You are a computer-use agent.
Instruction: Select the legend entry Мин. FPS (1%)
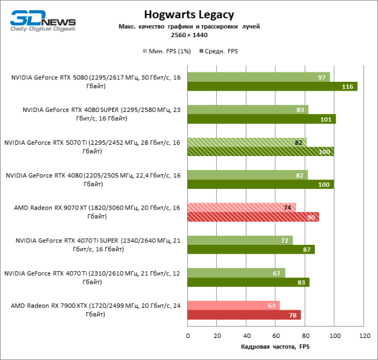pos(168,50)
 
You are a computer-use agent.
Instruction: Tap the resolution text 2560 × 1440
pos(189,35)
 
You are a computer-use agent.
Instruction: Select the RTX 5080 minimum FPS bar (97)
pos(258,77)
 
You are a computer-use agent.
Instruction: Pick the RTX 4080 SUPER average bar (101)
pos(261,119)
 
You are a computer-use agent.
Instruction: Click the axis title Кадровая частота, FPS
pos(275,347)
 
